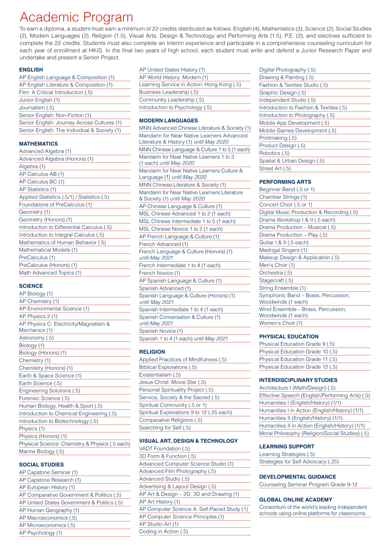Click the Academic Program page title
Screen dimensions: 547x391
point(76,17)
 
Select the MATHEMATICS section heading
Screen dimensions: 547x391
point(38,144)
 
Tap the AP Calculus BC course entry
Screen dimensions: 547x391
point(42,182)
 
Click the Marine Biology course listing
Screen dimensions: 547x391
point(41,451)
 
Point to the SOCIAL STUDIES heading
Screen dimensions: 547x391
point(41,465)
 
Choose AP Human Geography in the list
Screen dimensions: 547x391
point(49,510)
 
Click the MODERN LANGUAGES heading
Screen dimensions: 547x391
point(168,120)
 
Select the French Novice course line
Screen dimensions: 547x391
point(159,273)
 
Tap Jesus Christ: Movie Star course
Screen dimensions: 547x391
point(172,382)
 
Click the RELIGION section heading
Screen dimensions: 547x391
point(152,352)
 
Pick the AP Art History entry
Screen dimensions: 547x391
point(159,502)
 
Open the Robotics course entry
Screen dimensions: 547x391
point(274,153)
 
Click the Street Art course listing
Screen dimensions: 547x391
point(275,169)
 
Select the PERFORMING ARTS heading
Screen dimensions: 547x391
point(285,182)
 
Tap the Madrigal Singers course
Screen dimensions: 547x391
point(283,250)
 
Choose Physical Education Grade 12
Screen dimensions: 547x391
point(298,367)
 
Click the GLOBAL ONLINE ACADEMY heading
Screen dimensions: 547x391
point(295,500)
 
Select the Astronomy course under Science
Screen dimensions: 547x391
point(36,338)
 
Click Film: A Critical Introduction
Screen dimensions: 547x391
point(55,92)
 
